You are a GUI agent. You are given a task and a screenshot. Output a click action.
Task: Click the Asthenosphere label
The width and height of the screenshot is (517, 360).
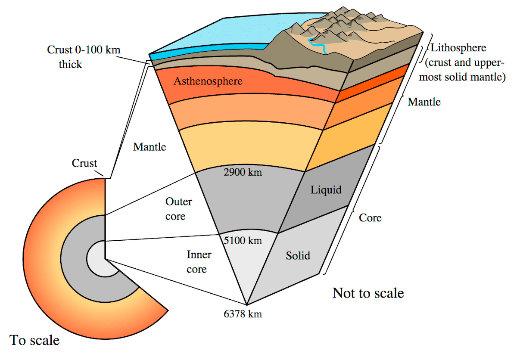pyautogui.click(x=208, y=81)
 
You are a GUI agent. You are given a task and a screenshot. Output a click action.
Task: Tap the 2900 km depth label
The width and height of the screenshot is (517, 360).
pyautogui.click(x=243, y=173)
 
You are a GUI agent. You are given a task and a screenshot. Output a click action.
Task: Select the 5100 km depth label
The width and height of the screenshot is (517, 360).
pyautogui.click(x=243, y=239)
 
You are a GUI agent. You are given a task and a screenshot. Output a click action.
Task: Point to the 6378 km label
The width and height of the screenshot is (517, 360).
pyautogui.click(x=243, y=314)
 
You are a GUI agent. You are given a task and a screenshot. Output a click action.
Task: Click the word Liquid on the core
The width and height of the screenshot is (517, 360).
pyautogui.click(x=326, y=190)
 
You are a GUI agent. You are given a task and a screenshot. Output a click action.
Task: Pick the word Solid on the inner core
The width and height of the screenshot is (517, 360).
pyautogui.click(x=298, y=256)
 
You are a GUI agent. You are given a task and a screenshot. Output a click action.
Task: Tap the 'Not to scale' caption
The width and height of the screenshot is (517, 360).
pyautogui.click(x=368, y=293)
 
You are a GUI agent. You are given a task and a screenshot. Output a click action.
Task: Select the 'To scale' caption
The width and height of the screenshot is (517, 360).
pyautogui.click(x=34, y=340)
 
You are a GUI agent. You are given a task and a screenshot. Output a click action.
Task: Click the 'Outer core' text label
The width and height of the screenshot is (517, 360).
pyautogui.click(x=178, y=208)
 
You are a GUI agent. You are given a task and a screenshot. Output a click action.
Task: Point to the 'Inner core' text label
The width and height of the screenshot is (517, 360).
pyautogui.click(x=198, y=262)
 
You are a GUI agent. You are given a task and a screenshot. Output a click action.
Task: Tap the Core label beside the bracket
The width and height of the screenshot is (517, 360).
pyautogui.click(x=370, y=218)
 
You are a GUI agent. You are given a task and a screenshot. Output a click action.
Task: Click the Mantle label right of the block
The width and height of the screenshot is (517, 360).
pyautogui.click(x=424, y=102)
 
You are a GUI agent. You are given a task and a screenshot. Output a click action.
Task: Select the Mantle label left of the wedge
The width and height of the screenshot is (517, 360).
pyautogui.click(x=149, y=147)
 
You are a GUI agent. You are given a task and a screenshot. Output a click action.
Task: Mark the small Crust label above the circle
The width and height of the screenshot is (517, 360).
pyautogui.click(x=84, y=163)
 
